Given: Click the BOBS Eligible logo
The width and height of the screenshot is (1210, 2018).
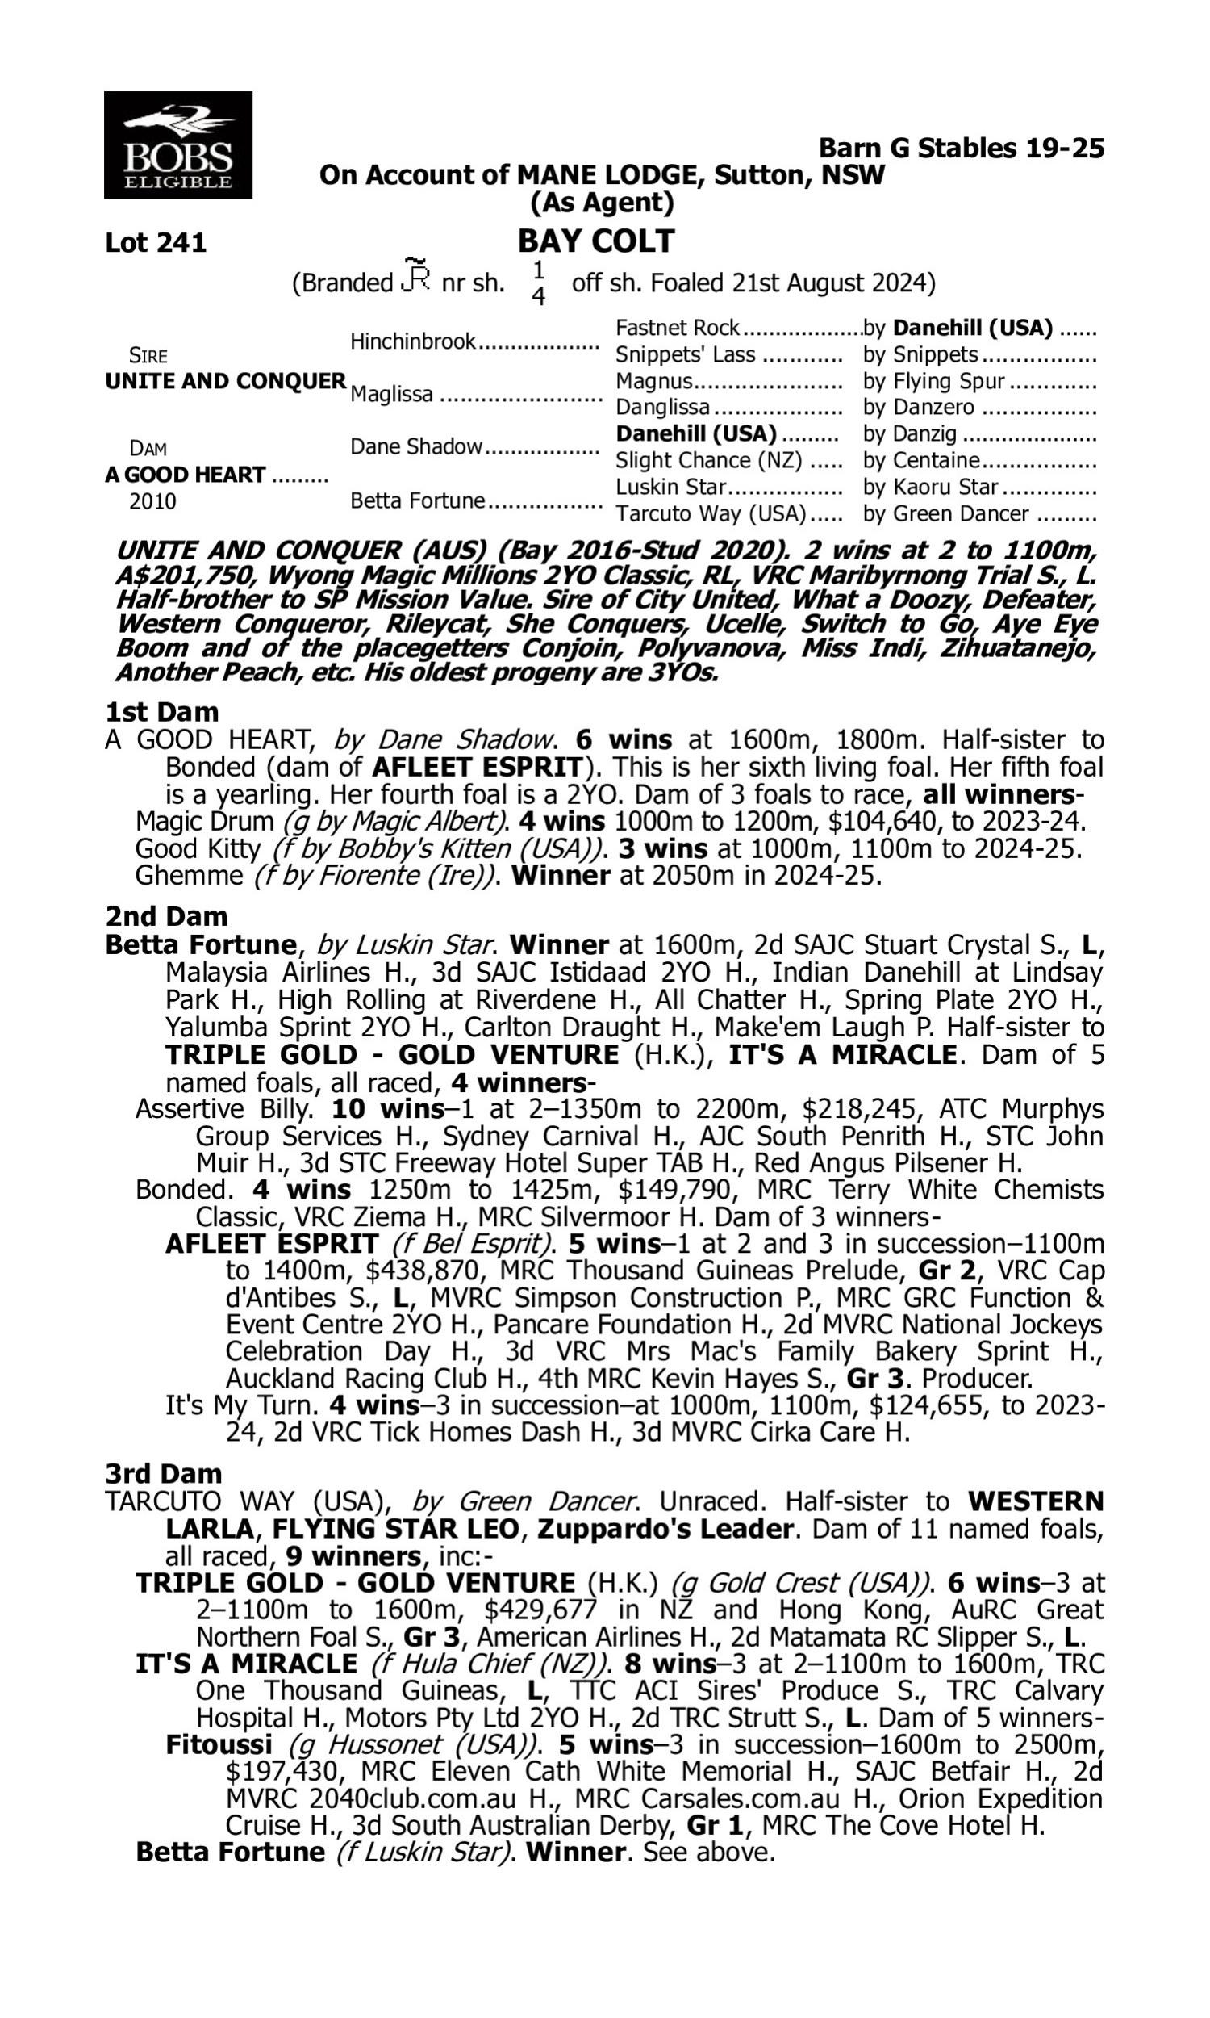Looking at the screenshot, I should pos(177,145).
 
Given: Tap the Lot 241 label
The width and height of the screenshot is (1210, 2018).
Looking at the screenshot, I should pos(156,243).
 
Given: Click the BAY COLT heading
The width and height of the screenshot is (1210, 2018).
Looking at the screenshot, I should pos(596,241).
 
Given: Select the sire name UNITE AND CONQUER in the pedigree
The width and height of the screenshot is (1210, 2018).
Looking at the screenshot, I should pos(226,382).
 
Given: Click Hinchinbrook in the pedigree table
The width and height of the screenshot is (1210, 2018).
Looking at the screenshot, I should pos(412,341).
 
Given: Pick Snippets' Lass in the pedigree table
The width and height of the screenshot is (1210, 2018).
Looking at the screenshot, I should pos(686,355).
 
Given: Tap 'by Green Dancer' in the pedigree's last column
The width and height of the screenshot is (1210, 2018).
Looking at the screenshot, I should pos(946,514).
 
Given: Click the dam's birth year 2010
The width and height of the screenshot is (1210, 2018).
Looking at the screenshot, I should pos(152,501).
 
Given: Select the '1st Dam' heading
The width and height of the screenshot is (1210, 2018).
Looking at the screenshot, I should pos(162,712).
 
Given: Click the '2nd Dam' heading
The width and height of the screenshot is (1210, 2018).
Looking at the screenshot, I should pos(166,917).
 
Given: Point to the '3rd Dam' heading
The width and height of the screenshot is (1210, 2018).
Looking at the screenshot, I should pos(164,1474).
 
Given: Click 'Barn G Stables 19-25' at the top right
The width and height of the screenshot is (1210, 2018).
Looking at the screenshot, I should pos(961,149).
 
